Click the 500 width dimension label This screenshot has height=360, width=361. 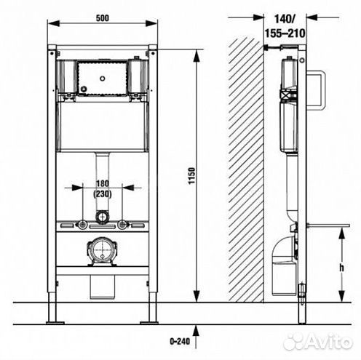(x=103, y=18)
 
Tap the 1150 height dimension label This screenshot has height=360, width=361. (x=191, y=176)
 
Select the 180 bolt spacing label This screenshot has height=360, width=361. (x=103, y=183)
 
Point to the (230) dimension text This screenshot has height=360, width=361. (x=103, y=194)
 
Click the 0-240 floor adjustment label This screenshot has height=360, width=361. (x=180, y=341)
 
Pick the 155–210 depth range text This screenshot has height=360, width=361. (x=285, y=33)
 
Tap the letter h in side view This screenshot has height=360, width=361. (x=341, y=268)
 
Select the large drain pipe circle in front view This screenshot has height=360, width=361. (x=103, y=249)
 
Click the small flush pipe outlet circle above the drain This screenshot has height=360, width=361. (x=103, y=217)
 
